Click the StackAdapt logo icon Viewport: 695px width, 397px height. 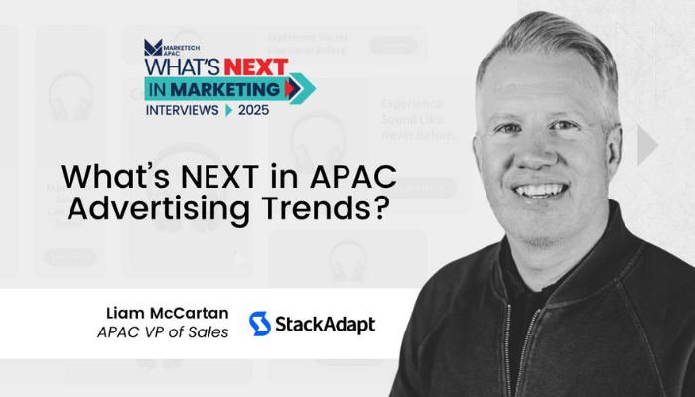[x=260, y=324]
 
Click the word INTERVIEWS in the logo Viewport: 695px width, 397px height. [x=181, y=109]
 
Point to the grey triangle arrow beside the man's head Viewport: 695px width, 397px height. [x=647, y=146]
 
